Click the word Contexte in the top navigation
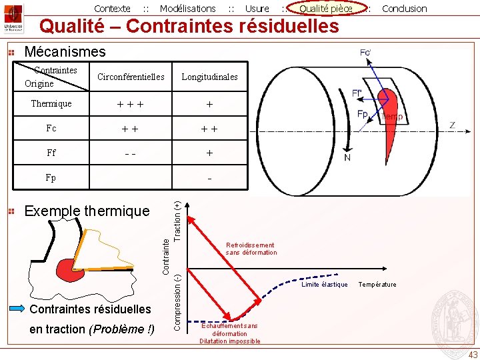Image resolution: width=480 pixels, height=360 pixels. point(112,9)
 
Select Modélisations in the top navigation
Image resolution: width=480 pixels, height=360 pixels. point(187,9)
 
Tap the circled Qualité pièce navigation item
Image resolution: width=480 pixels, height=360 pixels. point(325,9)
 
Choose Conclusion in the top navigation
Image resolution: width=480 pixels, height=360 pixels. point(404,9)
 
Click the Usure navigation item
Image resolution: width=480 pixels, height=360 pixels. point(257,9)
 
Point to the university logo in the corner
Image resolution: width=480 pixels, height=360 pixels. point(13,18)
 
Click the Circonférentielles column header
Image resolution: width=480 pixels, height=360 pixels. point(131,77)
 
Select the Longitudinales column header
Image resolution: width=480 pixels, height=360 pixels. point(209,77)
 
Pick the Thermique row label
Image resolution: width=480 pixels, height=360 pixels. point(51,104)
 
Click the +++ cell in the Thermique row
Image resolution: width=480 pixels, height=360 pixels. point(131,105)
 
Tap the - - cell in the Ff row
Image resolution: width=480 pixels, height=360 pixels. point(131,153)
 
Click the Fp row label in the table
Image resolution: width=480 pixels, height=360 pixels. point(51,178)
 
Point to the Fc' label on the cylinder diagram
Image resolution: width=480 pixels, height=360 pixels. point(365,53)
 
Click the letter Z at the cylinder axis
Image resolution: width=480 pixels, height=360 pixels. point(452,125)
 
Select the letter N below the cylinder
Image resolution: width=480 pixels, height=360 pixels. point(347,158)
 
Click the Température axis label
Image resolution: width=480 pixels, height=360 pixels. point(377,285)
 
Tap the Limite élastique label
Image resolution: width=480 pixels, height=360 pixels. point(325,285)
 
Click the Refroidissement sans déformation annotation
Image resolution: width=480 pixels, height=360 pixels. point(251,249)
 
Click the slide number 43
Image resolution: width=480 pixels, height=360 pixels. point(473,354)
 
